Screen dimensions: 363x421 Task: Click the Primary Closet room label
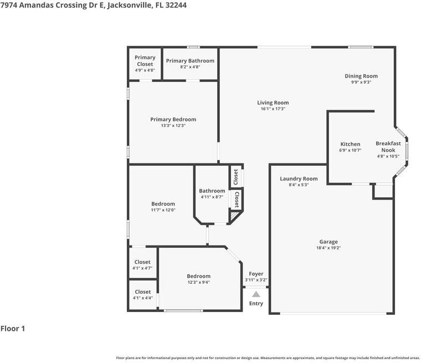pyautogui.click(x=145, y=60)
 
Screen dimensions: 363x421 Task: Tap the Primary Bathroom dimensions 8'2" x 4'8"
pyautogui.click(x=190, y=67)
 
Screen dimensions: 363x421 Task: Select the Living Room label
pyautogui.click(x=273, y=103)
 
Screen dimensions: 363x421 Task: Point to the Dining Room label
pyautogui.click(x=361, y=76)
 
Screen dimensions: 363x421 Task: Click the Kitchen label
pyautogui.click(x=350, y=144)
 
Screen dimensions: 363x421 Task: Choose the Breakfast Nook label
pyautogui.click(x=388, y=146)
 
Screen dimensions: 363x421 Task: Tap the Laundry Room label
pyautogui.click(x=299, y=178)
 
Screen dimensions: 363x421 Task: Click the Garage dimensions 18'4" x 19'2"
pyautogui.click(x=328, y=248)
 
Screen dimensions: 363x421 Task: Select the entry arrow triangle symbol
pyautogui.click(x=256, y=294)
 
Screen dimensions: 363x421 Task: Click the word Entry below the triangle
pyautogui.click(x=256, y=304)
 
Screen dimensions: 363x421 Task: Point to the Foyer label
pyautogui.click(x=256, y=274)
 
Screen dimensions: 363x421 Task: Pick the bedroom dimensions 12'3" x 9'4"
pyautogui.click(x=198, y=282)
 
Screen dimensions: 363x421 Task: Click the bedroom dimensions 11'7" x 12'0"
pyautogui.click(x=163, y=210)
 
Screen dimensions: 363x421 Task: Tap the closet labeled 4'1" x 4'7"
pyautogui.click(x=142, y=268)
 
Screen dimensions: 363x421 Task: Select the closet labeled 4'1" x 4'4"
pyautogui.click(x=142, y=298)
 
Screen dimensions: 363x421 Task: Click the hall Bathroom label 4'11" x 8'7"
pyautogui.click(x=212, y=194)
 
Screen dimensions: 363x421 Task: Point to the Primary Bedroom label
pyautogui.click(x=173, y=119)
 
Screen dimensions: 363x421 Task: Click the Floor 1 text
pyautogui.click(x=13, y=329)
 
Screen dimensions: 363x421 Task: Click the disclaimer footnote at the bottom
pyautogui.click(x=268, y=358)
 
